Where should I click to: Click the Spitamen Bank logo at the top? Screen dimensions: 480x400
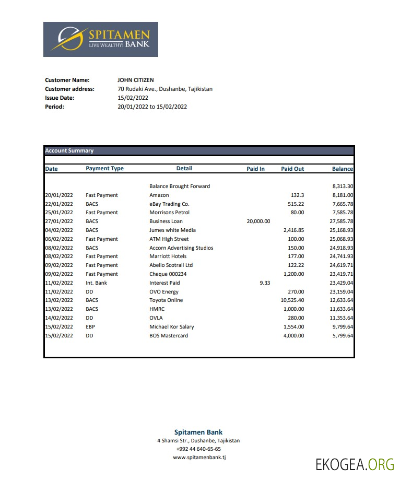(100, 39)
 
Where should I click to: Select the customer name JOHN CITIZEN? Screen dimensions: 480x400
(136, 80)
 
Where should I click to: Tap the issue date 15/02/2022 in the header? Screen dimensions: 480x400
(133, 98)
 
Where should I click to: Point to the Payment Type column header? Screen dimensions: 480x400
(104, 169)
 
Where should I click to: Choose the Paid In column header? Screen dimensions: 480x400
(255, 169)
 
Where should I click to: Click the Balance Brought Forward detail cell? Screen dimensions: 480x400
(180, 186)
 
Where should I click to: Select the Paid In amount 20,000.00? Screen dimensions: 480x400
(258, 221)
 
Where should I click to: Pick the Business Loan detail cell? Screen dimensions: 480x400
(166, 221)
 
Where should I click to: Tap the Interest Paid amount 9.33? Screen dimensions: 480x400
(265, 283)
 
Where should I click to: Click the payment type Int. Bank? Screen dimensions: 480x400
(96, 283)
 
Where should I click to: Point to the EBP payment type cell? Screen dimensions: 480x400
(91, 327)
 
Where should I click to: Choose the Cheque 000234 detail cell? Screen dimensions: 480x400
(168, 274)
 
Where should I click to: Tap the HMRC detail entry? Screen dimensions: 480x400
(157, 309)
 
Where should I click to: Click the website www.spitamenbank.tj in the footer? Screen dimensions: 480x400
(199, 458)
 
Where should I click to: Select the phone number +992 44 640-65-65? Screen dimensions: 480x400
(198, 449)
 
